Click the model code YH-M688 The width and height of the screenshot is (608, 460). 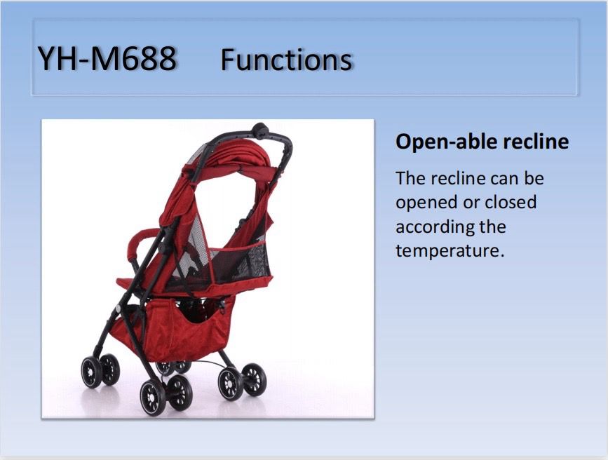(x=107, y=59)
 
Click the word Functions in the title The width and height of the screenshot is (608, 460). (x=286, y=60)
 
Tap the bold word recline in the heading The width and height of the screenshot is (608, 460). (x=536, y=141)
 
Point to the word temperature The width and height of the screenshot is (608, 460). (x=450, y=251)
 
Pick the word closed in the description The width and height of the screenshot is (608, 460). (x=511, y=202)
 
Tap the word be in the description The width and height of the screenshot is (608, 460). (x=534, y=178)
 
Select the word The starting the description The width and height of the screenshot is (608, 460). (x=410, y=178)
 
